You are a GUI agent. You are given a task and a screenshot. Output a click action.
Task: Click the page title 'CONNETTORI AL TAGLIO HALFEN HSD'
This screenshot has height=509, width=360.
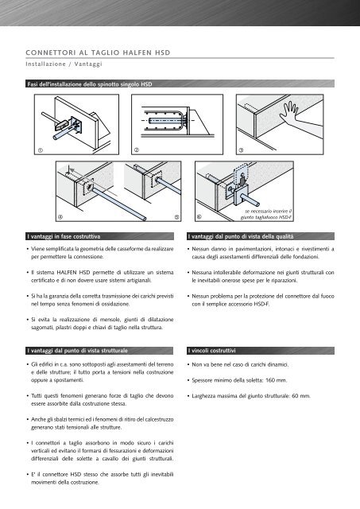click(x=98, y=52)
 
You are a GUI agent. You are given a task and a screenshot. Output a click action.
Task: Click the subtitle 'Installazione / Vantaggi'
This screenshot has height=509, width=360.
click(x=64, y=64)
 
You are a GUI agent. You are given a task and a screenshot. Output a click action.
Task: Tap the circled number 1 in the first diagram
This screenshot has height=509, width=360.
click(x=41, y=150)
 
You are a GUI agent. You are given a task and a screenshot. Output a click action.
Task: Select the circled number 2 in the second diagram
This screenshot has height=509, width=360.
click(x=137, y=150)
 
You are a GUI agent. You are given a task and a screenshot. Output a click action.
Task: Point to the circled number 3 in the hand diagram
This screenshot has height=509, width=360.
click(x=241, y=150)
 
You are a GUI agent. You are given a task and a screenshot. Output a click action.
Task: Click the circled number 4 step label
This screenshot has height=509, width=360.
click(x=60, y=217)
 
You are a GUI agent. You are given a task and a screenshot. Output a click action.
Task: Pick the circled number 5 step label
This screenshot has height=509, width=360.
click(x=176, y=217)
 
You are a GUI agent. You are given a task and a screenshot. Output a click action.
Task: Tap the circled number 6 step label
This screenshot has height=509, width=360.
click(x=199, y=217)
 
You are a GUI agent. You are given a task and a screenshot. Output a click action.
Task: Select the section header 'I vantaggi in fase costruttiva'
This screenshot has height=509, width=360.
click(x=64, y=237)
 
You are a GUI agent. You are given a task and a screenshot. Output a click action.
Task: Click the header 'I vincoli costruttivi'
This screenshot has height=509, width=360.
click(x=211, y=351)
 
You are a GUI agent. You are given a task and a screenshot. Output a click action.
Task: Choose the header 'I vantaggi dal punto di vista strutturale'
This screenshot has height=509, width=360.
click(x=78, y=351)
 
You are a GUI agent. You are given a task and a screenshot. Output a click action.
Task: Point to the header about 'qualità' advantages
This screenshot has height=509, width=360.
click(x=241, y=237)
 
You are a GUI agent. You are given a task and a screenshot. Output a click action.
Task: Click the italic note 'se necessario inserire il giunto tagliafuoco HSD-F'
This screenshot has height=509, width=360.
click(x=266, y=214)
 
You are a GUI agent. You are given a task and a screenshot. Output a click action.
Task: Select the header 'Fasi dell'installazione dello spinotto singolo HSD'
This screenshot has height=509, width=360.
click(x=90, y=84)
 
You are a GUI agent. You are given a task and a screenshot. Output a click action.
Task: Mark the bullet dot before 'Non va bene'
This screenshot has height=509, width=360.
click(x=188, y=365)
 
